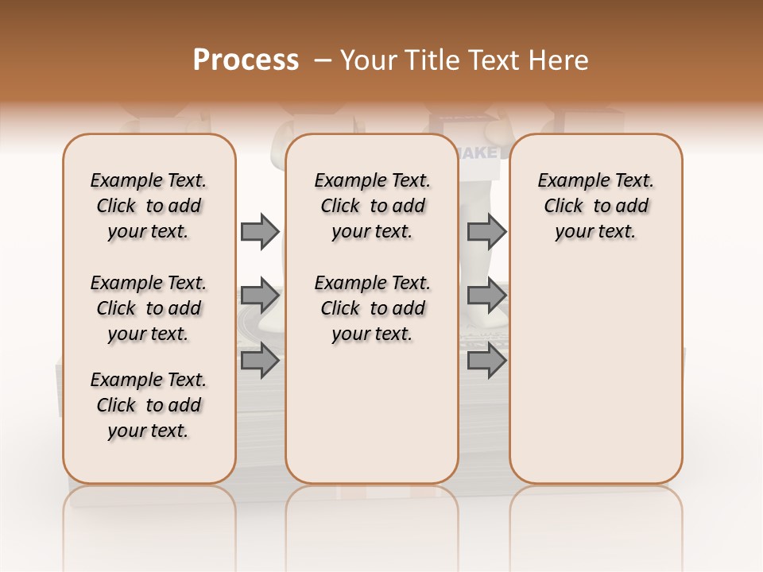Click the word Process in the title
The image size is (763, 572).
pos(246,60)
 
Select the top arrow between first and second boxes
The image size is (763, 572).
pos(260,231)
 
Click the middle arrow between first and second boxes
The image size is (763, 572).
pos(260,296)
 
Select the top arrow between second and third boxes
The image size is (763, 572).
pos(486,231)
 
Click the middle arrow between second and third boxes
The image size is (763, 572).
pos(486,296)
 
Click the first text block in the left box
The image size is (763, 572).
pos(149,206)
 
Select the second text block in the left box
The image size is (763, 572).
pos(149,308)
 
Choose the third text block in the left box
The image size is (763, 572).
pos(149,405)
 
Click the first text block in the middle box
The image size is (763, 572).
pos(372,206)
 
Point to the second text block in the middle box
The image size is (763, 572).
pos(372,308)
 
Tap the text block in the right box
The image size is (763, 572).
pos(596,206)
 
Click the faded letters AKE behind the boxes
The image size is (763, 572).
pos(480,152)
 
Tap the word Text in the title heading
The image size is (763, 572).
pos(493,60)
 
